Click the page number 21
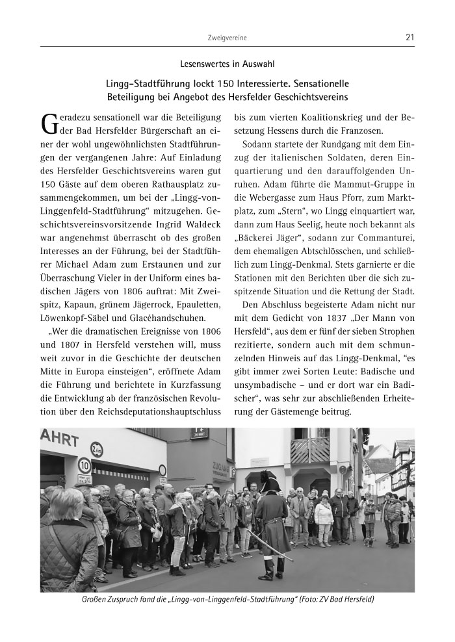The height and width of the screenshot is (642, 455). (x=409, y=37)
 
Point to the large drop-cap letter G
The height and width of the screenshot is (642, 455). (x=49, y=124)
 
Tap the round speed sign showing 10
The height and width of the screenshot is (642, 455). (x=84, y=465)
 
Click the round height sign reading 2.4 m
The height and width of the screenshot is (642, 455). (x=96, y=448)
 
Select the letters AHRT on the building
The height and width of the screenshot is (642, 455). (x=60, y=437)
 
